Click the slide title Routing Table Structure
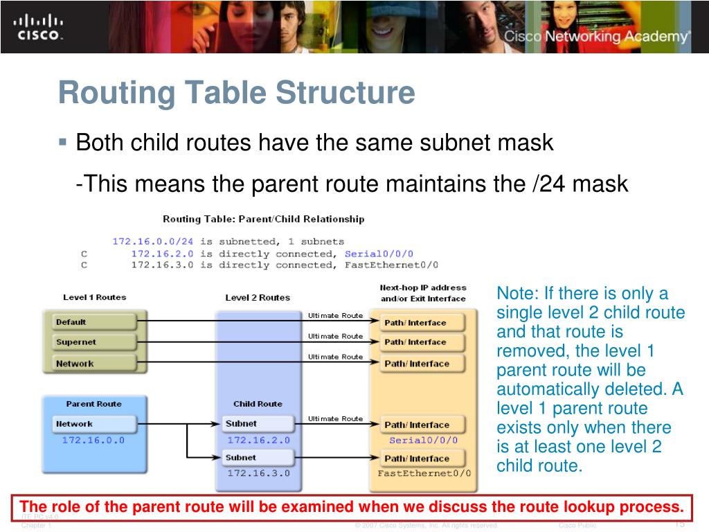pos(236,93)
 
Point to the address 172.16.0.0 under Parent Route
pos(93,440)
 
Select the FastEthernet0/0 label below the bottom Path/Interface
pos(424,473)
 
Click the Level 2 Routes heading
pos(258,298)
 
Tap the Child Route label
pos(258,404)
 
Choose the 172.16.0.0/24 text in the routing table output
pos(154,242)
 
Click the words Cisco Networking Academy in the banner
pos(596,37)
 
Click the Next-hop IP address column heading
pos(423,287)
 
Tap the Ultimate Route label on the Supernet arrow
pos(335,336)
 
